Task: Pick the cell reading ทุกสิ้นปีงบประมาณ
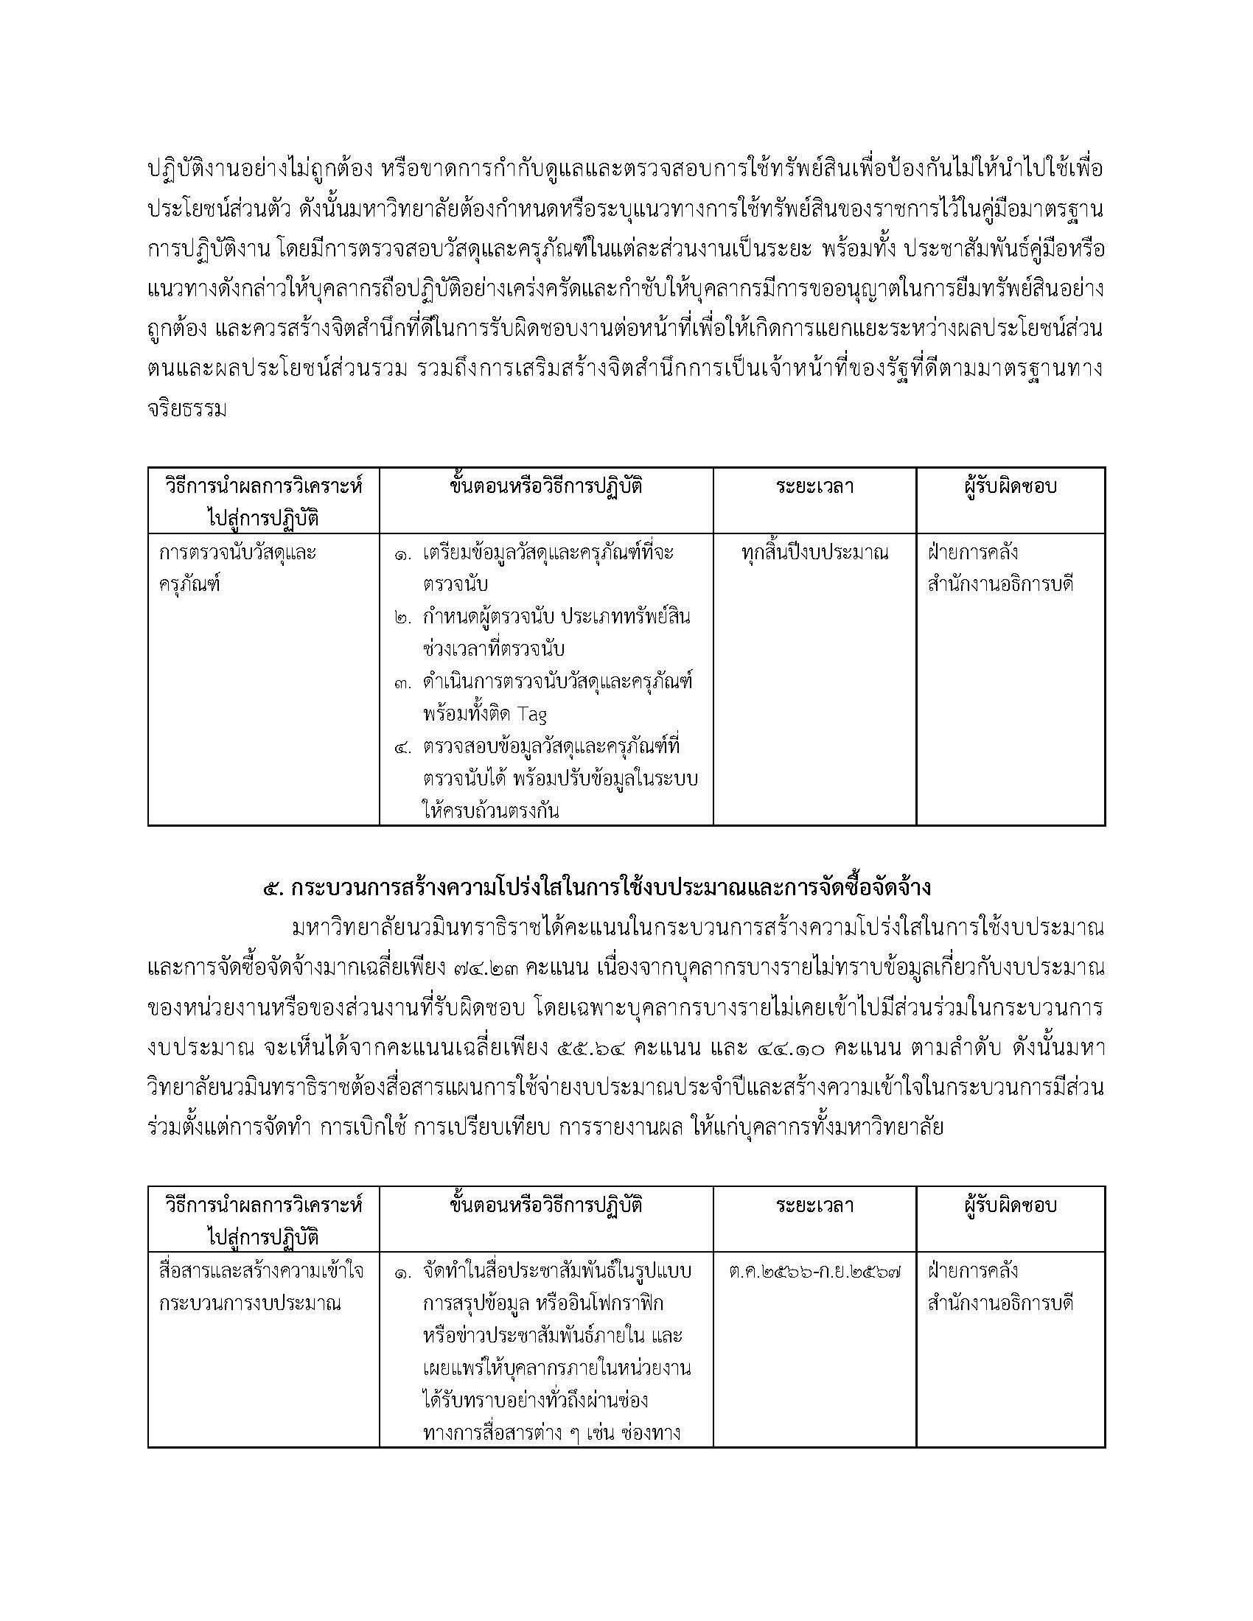point(814,553)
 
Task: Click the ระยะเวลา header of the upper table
point(814,486)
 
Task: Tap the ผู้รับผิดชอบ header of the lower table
point(1011,1205)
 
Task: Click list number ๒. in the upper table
point(404,617)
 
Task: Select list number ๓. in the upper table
point(404,683)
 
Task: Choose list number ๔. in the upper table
point(404,746)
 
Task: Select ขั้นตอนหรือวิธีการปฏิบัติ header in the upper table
point(546,486)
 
